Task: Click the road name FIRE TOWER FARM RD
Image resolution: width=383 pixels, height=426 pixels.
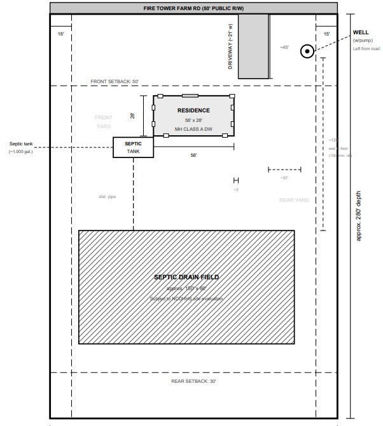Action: [x=193, y=8]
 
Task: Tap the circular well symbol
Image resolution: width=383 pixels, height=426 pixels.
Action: [x=307, y=51]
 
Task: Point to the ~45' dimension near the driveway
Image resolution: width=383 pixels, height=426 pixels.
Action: [x=284, y=47]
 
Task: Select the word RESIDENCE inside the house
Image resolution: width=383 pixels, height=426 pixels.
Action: [x=193, y=110]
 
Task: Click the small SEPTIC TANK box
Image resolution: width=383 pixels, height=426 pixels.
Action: [x=133, y=147]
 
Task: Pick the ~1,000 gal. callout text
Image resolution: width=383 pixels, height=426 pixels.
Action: [x=20, y=152]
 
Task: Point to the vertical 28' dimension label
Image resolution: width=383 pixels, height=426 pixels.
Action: [x=133, y=116]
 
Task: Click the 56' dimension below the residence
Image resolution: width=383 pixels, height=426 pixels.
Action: [x=193, y=156]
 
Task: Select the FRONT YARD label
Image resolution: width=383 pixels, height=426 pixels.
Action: [x=103, y=122]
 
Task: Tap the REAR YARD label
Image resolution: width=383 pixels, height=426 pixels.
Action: [x=293, y=200]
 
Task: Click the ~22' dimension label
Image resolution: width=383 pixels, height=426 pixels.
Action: [x=284, y=178]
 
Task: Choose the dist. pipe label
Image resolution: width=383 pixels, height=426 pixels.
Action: [x=107, y=197]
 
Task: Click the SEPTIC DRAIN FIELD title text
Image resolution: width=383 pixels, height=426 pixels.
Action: [x=186, y=277]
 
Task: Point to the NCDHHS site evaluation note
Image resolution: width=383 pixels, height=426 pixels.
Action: [x=186, y=298]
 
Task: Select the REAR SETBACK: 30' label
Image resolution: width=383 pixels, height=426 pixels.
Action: [x=193, y=381]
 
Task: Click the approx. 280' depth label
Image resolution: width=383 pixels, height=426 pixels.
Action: [x=359, y=216]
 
